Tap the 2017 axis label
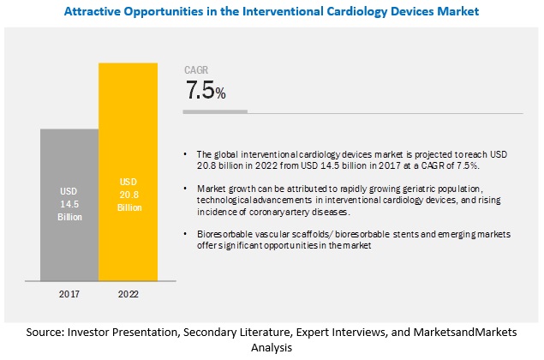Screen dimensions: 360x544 pos(69,292)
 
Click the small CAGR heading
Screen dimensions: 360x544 pos(197,71)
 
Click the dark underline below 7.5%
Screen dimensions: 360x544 pos(216,111)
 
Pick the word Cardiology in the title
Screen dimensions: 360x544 pos(338,11)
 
